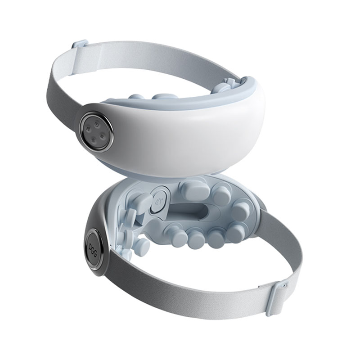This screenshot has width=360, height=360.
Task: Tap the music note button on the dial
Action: click(x=88, y=129)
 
